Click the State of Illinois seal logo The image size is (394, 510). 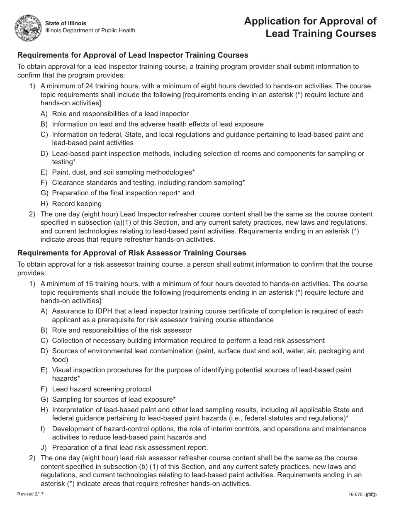(29, 27)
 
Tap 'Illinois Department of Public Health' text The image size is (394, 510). (90, 31)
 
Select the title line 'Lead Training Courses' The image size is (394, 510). (321, 34)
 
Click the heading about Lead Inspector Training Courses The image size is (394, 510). (133, 55)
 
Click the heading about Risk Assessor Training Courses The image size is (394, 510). (131, 253)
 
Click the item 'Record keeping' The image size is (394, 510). (77, 204)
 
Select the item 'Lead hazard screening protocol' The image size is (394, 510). (102, 389)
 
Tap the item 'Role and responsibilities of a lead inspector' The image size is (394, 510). (120, 114)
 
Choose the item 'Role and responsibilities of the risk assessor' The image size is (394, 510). (122, 330)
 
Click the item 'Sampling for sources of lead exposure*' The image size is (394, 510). (114, 399)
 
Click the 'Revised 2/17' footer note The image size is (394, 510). (29, 494)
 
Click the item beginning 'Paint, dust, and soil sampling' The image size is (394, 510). (123, 172)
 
